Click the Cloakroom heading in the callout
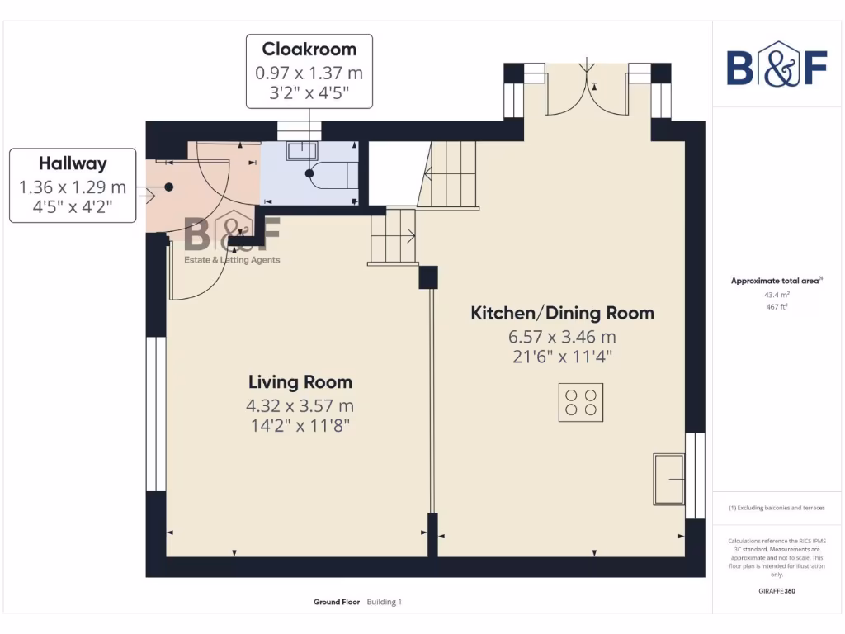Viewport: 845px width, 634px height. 309,50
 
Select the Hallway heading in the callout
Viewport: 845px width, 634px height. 73,163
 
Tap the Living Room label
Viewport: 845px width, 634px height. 300,382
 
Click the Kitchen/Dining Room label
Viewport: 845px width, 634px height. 562,313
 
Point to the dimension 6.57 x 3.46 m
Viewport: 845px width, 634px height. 562,337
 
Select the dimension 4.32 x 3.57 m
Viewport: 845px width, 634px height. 300,405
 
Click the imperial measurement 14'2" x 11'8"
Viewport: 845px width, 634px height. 300,426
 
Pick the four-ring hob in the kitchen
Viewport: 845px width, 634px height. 580,402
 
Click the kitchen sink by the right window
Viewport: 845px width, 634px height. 669,478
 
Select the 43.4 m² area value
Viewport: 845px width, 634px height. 777,295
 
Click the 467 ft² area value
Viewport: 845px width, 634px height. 777,307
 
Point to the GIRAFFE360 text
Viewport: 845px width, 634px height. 777,591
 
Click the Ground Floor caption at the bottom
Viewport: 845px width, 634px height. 337,603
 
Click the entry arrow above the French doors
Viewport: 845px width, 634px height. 587,66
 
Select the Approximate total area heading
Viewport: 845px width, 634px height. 776,281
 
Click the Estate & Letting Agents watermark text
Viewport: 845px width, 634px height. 232,260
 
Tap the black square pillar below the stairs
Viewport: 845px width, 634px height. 428,277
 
